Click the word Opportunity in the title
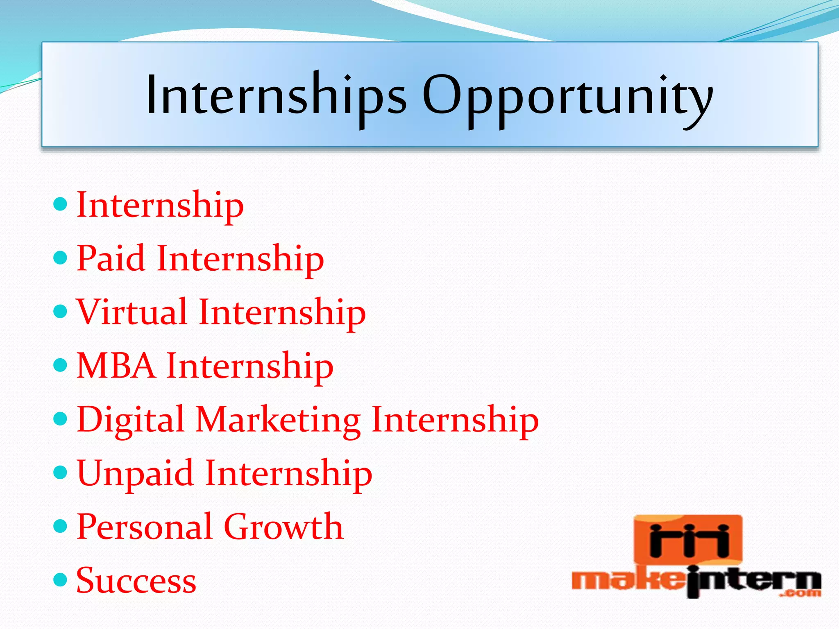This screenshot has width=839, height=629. pyautogui.click(x=567, y=98)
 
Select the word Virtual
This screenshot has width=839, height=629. pyautogui.click(x=132, y=312)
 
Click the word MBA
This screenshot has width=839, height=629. pyautogui.click(x=116, y=366)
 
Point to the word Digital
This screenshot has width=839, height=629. pyautogui.click(x=130, y=420)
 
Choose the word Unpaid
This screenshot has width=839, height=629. pyautogui.click(x=135, y=474)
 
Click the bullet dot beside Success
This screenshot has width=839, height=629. pyautogui.click(x=60, y=579)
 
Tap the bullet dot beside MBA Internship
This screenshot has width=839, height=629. pyautogui.click(x=60, y=364)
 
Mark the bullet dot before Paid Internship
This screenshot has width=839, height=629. pyautogui.click(x=60, y=258)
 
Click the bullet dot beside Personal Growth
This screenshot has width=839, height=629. pyautogui.click(x=60, y=526)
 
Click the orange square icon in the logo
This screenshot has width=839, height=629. pyautogui.click(x=688, y=540)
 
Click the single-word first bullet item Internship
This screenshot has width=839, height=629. pyautogui.click(x=160, y=205)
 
